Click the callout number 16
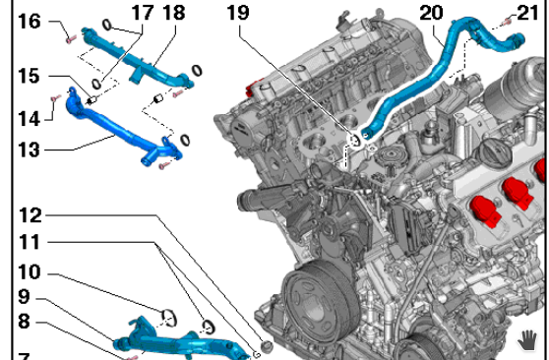(x=30, y=21)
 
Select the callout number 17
(x=143, y=13)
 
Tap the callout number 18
(x=174, y=13)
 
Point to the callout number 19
(x=238, y=13)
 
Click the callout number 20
(x=431, y=13)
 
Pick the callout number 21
(x=527, y=13)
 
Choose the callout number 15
(x=29, y=76)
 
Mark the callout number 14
(x=30, y=118)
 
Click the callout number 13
(x=29, y=150)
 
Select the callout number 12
(x=30, y=215)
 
